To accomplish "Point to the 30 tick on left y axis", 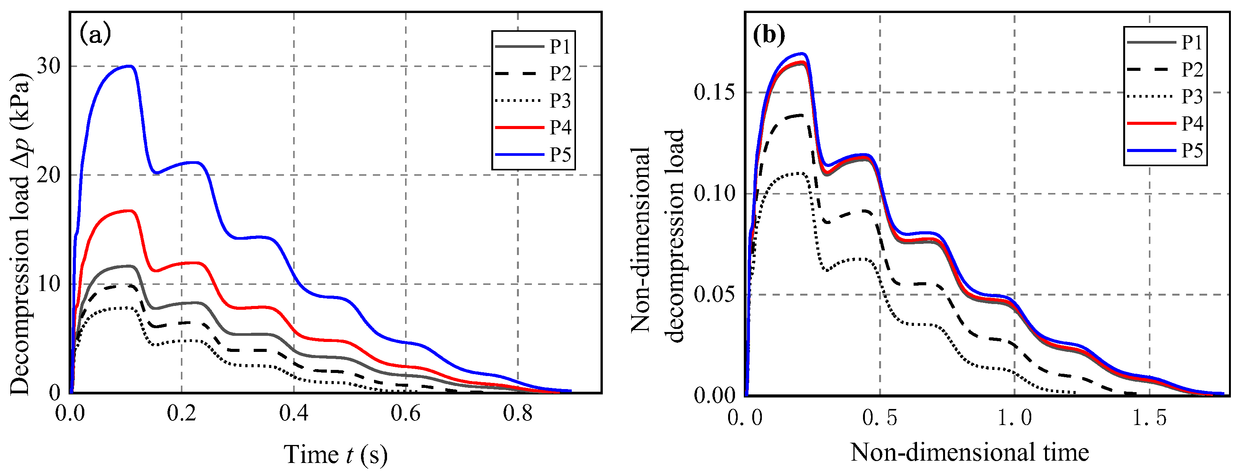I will pyautogui.click(x=49, y=66).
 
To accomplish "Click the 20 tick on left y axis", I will pyautogui.click(x=49, y=175).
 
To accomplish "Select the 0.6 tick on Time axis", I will pyautogui.click(x=405, y=414).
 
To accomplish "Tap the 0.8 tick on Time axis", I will pyautogui.click(x=517, y=414).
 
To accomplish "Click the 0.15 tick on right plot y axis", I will pyautogui.click(x=715, y=92).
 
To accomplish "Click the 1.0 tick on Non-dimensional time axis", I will pyautogui.click(x=1014, y=417).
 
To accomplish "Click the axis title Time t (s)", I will pyautogui.click(x=336, y=454).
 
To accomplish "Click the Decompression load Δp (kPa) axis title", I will pyautogui.click(x=20, y=234).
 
